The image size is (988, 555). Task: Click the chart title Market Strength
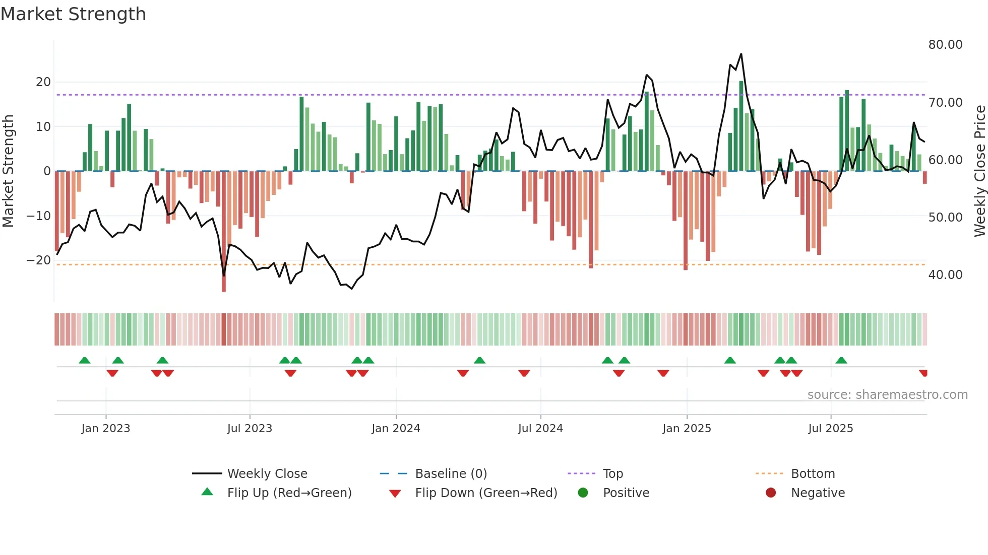pyautogui.click(x=73, y=14)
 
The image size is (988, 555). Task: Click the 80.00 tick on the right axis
pyautogui.click(x=945, y=45)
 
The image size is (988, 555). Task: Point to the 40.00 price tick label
pyautogui.click(x=945, y=275)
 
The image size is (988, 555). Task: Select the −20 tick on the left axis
pyautogui.click(x=39, y=260)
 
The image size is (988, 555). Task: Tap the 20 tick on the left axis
pyautogui.click(x=43, y=82)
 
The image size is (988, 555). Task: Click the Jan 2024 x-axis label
pyautogui.click(x=396, y=429)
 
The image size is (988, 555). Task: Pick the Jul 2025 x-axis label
pyautogui.click(x=830, y=429)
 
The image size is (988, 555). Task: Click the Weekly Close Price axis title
pyautogui.click(x=979, y=171)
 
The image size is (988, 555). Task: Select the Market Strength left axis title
pyautogui.click(x=8, y=171)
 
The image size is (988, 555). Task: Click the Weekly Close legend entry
pyautogui.click(x=267, y=474)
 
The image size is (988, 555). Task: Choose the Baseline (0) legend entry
pyautogui.click(x=451, y=474)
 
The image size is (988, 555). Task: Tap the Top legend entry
pyautogui.click(x=612, y=474)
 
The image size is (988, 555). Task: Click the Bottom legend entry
pyautogui.click(x=813, y=474)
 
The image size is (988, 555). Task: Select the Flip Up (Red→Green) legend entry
pyautogui.click(x=289, y=493)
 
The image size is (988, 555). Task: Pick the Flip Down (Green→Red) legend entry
pyautogui.click(x=486, y=493)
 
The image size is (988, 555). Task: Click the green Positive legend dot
pyautogui.click(x=583, y=493)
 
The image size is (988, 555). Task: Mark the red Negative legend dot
pyautogui.click(x=771, y=493)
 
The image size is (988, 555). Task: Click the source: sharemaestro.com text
pyautogui.click(x=887, y=395)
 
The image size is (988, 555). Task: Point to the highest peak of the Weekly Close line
pyautogui.click(x=741, y=54)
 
